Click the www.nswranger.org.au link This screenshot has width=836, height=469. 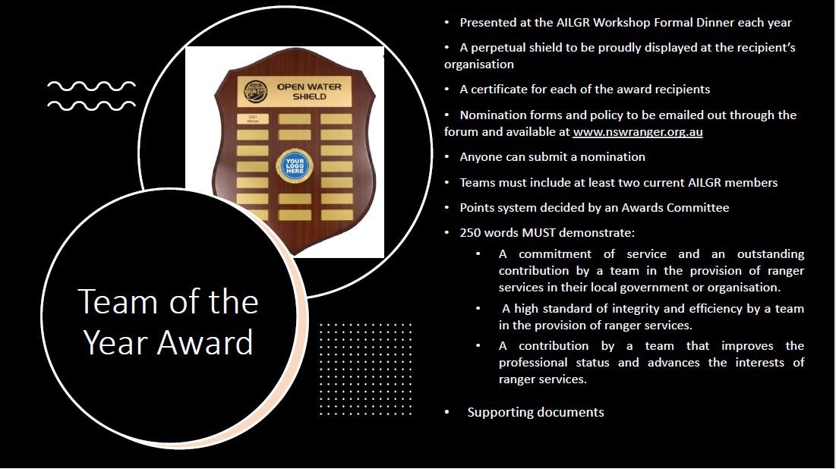click(x=638, y=131)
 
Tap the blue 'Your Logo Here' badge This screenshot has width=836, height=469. click(x=295, y=165)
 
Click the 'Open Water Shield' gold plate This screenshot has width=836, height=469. click(x=295, y=92)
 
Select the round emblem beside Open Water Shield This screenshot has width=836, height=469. click(x=255, y=92)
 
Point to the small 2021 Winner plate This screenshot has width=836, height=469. click(x=252, y=119)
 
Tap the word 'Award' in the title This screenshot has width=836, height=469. click(x=205, y=342)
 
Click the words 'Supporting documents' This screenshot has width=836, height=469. click(x=535, y=412)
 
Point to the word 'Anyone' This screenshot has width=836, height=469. click(x=479, y=156)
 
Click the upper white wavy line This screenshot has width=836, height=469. click(x=91, y=87)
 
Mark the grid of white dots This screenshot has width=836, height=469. click(x=365, y=369)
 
